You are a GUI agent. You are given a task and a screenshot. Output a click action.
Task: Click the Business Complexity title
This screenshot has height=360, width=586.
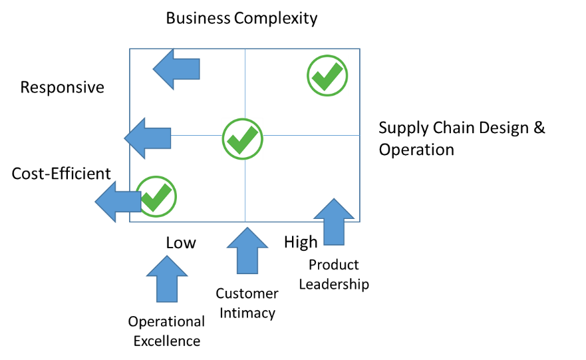click(x=241, y=19)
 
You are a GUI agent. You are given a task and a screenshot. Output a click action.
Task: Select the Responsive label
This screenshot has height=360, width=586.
click(x=62, y=87)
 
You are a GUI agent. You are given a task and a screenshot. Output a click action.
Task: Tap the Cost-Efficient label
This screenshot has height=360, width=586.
click(x=61, y=174)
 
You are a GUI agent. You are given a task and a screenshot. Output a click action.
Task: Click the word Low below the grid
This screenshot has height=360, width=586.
click(x=181, y=243)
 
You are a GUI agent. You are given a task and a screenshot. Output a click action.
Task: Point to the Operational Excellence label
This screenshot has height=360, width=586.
click(x=166, y=331)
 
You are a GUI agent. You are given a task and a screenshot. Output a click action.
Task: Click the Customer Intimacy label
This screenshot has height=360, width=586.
click(x=247, y=303)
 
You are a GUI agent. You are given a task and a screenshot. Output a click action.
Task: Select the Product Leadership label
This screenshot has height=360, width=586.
click(x=334, y=274)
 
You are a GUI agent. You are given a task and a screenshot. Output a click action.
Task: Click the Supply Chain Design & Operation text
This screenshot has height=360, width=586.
click(x=462, y=138)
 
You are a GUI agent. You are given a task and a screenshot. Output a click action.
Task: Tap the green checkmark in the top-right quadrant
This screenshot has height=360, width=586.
click(x=327, y=75)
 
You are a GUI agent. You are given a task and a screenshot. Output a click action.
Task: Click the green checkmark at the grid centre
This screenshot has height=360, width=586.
click(x=243, y=139)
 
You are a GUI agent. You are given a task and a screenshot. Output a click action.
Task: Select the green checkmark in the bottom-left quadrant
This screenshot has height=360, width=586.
click(x=156, y=196)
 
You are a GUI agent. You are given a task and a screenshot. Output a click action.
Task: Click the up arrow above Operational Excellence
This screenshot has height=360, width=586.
click(x=167, y=279)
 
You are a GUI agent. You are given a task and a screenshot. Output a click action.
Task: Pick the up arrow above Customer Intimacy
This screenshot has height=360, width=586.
click(x=247, y=251)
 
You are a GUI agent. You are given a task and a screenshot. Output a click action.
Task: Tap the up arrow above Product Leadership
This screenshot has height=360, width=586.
click(x=334, y=222)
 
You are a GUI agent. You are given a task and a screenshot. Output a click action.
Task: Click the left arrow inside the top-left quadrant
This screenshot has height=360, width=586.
click(x=176, y=69)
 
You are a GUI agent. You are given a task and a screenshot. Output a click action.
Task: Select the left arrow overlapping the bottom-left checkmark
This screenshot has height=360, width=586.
click(x=118, y=202)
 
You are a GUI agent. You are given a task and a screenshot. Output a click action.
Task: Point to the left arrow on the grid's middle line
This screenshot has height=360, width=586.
click(x=148, y=138)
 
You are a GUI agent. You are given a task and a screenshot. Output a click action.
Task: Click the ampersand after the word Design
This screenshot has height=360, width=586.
click(x=539, y=128)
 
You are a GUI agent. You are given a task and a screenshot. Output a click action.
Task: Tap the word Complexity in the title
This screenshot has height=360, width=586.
click(x=276, y=19)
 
